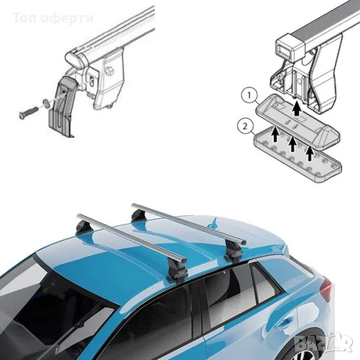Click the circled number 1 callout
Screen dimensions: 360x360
pyautogui.click(x=250, y=96)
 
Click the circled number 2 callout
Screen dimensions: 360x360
pyautogui.click(x=245, y=127)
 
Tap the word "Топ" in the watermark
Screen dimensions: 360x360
pyautogui.click(x=25, y=19)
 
